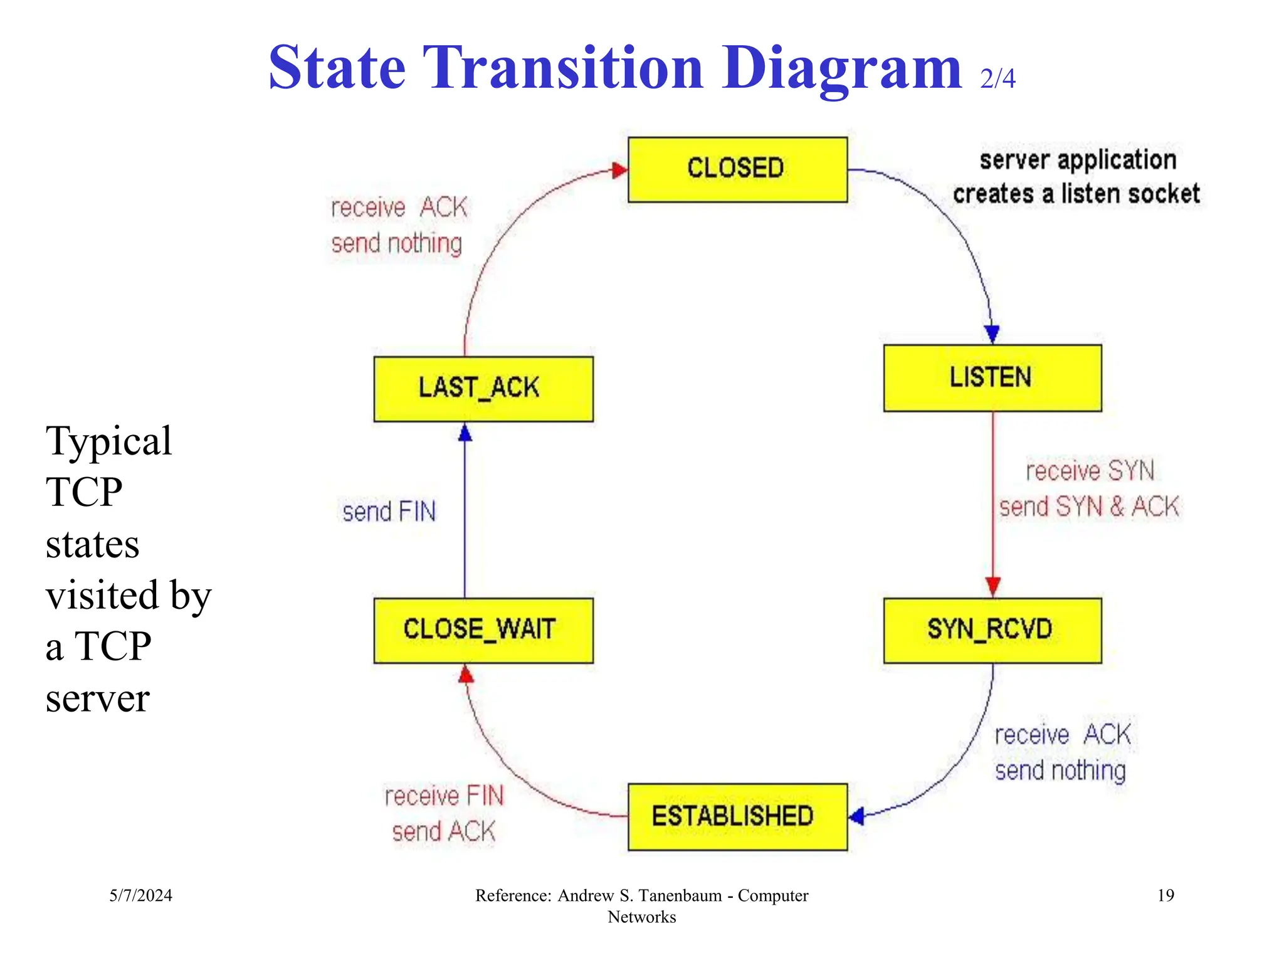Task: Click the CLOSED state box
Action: (737, 169)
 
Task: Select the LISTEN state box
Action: (992, 377)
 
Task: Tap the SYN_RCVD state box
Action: (992, 630)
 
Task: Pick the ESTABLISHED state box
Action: (737, 816)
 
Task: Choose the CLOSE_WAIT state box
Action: (483, 630)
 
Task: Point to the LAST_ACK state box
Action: (483, 389)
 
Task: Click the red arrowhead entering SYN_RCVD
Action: (992, 587)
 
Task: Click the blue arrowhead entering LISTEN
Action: (992, 334)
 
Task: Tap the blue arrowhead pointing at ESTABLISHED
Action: (857, 816)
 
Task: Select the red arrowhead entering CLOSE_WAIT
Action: (466, 675)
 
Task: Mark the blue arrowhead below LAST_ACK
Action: (465, 433)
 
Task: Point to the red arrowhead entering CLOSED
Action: (619, 170)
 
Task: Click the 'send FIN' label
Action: (389, 512)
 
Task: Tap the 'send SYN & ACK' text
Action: (1088, 507)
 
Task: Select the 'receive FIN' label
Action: (444, 796)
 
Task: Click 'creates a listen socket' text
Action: (1076, 194)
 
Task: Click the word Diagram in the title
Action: (841, 68)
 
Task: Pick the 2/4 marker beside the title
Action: (997, 78)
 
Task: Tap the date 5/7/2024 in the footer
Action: (140, 895)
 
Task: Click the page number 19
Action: (1165, 895)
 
